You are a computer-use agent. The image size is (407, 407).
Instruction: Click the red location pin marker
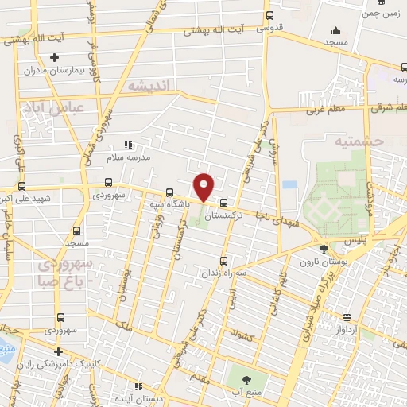[204, 186]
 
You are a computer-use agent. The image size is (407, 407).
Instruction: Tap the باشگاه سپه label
[169, 204]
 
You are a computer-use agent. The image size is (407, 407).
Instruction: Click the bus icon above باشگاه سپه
[169, 192]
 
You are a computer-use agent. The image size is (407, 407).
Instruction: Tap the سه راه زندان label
[225, 272]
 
